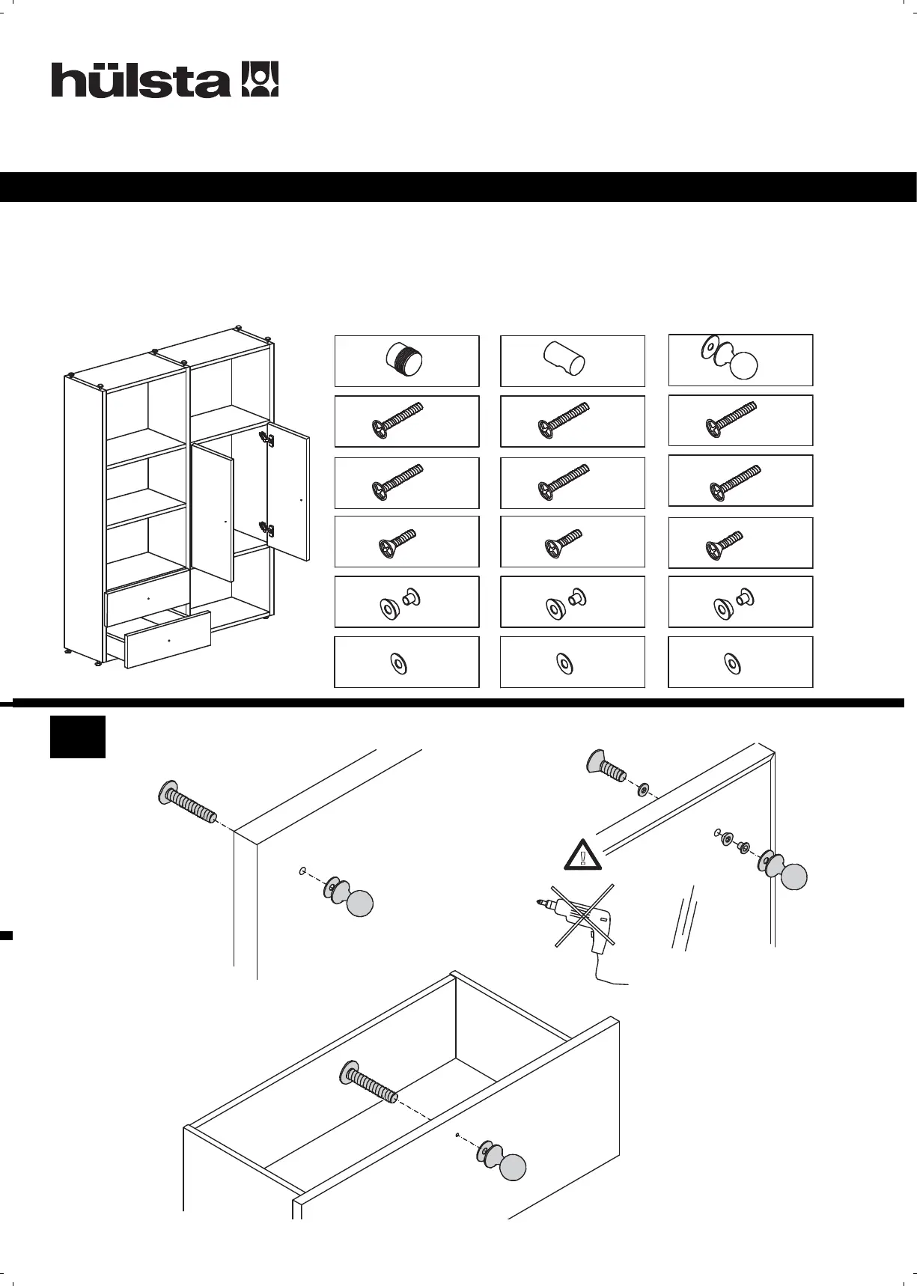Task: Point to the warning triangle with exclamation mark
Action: (583, 855)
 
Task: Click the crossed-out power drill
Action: (581, 918)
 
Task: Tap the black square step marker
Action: (78, 737)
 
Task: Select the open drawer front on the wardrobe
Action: (168, 639)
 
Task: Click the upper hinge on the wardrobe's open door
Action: (263, 439)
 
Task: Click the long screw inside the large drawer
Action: (370, 1082)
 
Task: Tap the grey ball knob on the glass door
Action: (793, 877)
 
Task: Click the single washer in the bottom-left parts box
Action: (398, 662)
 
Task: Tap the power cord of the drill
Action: (610, 979)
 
